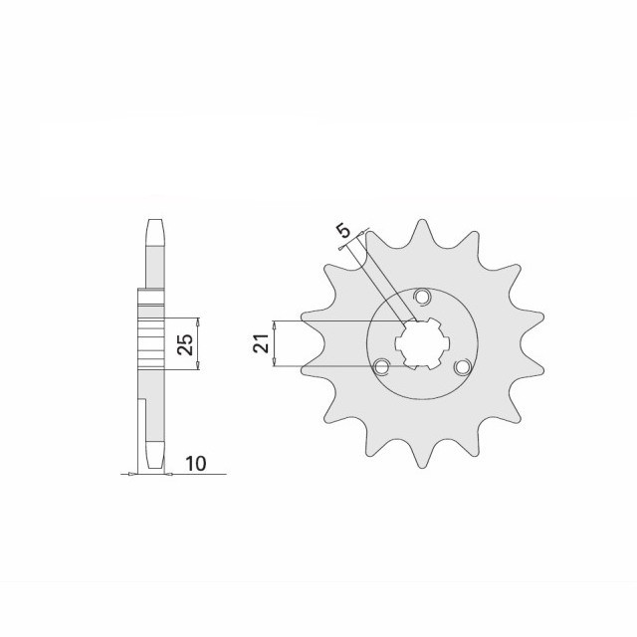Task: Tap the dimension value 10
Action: [195, 464]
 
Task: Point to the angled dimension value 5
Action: [343, 233]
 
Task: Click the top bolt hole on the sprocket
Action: [422, 297]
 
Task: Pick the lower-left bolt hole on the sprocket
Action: [380, 366]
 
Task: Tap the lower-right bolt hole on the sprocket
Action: [461, 367]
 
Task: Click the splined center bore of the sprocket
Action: [421, 343]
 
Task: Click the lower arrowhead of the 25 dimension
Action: [198, 366]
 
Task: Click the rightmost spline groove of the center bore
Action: [445, 343]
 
